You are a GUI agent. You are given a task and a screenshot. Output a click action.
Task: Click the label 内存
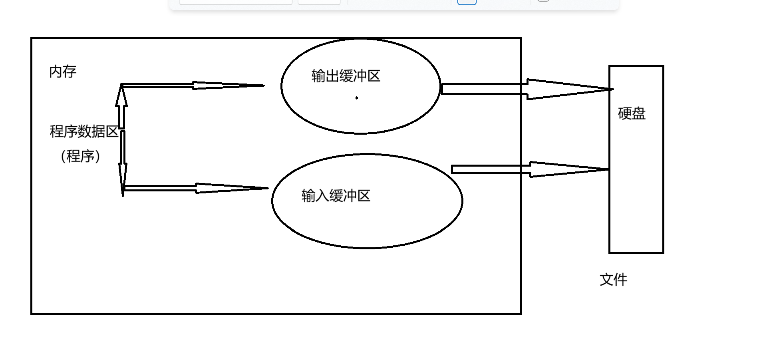click(x=63, y=72)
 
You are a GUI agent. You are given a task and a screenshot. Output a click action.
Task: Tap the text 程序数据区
click(x=83, y=131)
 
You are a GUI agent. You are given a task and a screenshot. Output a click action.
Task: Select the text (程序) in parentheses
click(x=80, y=156)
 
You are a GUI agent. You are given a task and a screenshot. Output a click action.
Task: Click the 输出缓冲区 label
click(x=346, y=76)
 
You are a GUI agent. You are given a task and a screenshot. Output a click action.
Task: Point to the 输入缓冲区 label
click(x=336, y=196)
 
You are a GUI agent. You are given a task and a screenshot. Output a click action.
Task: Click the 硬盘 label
click(x=632, y=113)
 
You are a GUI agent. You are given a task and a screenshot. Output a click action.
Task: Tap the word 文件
click(x=613, y=280)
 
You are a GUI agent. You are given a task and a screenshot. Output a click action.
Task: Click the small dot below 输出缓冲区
click(x=357, y=98)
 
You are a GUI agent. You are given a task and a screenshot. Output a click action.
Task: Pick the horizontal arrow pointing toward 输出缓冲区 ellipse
click(x=192, y=85)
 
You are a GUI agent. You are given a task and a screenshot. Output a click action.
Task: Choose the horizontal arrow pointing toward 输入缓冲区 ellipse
click(x=196, y=188)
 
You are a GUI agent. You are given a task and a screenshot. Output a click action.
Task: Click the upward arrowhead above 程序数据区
click(x=121, y=96)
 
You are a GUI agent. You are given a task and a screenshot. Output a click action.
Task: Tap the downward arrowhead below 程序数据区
click(x=123, y=180)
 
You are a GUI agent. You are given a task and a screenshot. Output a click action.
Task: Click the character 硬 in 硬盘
click(x=624, y=113)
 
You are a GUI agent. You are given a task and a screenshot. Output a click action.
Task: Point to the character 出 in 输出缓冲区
click(x=332, y=76)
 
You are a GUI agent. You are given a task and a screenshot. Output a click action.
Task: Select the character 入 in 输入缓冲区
click(x=322, y=196)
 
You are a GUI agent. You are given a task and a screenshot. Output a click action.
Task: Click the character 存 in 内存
click(x=70, y=72)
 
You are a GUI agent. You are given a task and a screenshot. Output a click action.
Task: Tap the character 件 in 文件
click(x=620, y=280)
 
